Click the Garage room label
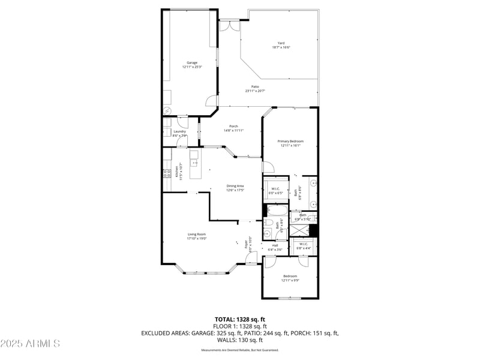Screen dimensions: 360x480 192,65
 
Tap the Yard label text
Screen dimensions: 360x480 280,45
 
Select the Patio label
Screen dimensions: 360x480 255,89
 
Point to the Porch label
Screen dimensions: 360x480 234,128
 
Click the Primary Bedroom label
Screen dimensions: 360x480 290,143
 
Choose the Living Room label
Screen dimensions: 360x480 196,236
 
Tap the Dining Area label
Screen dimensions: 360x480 235,188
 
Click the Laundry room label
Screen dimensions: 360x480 179,133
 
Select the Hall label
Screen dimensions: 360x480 275,247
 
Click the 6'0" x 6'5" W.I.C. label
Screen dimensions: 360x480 275,191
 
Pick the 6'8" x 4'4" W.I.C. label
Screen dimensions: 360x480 303,245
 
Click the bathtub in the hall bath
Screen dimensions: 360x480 277,211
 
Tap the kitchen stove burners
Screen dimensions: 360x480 166,174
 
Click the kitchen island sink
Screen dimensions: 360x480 194,163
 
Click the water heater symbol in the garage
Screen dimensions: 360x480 167,111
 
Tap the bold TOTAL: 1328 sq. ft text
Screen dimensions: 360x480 239,319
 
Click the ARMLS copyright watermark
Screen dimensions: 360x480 30,344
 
